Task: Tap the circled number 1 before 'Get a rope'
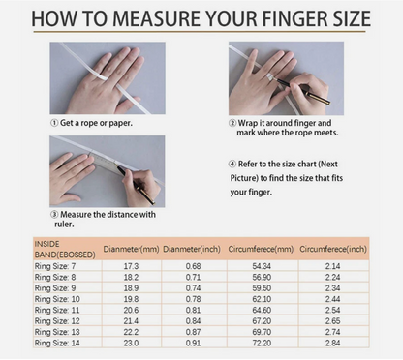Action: [54, 123]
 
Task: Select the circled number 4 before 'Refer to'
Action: [232, 164]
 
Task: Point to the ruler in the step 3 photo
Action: [105, 161]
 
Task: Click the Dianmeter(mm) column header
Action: [131, 249]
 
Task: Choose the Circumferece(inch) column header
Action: [333, 249]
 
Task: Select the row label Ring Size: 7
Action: [55, 266]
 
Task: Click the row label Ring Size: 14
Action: [57, 343]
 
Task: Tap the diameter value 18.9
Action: [131, 288]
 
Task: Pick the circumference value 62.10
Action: [262, 299]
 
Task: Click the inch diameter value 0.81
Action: [193, 310]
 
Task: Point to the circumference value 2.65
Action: [333, 321]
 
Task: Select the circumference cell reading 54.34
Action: [262, 266]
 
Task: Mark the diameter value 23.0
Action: [131, 343]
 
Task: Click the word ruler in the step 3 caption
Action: [64, 225]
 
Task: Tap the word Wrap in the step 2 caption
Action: [248, 123]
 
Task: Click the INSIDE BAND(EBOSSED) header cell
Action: [65, 250]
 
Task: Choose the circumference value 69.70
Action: [262, 332]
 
